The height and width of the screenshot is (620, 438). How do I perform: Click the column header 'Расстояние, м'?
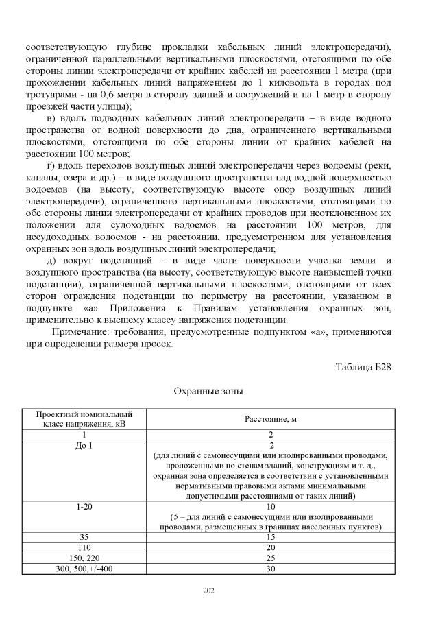271,419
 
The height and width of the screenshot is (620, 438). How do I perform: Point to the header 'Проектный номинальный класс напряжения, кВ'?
85,419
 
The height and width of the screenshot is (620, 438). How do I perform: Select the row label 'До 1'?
85,445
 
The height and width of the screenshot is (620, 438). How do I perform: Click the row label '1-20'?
85,507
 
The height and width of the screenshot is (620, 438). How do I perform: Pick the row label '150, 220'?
85,559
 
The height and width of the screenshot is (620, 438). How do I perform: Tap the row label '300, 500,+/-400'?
85,569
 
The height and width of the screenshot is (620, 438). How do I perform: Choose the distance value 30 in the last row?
271,569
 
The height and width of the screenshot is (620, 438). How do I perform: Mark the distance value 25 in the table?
271,559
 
